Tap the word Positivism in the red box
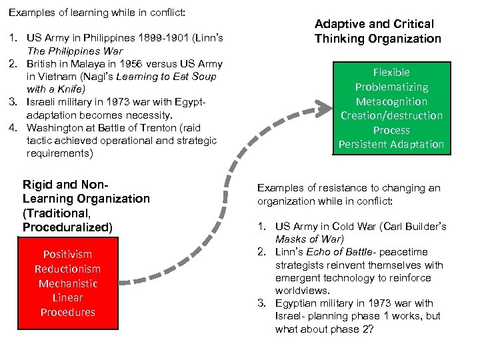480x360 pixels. click(x=67, y=254)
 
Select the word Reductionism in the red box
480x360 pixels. click(x=67, y=269)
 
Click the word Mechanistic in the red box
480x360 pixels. click(x=67, y=283)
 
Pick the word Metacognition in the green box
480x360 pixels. click(x=391, y=101)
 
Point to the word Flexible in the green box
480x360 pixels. click(x=391, y=72)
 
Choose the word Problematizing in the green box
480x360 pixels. click(x=391, y=87)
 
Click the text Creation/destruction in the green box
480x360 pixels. click(x=391, y=115)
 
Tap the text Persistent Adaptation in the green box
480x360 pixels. click(x=391, y=144)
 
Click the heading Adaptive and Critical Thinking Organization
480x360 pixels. click(x=377, y=31)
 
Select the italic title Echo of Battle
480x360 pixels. click(x=333, y=251)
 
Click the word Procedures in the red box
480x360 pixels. click(x=67, y=312)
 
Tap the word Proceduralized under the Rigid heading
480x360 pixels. click(x=67, y=227)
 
